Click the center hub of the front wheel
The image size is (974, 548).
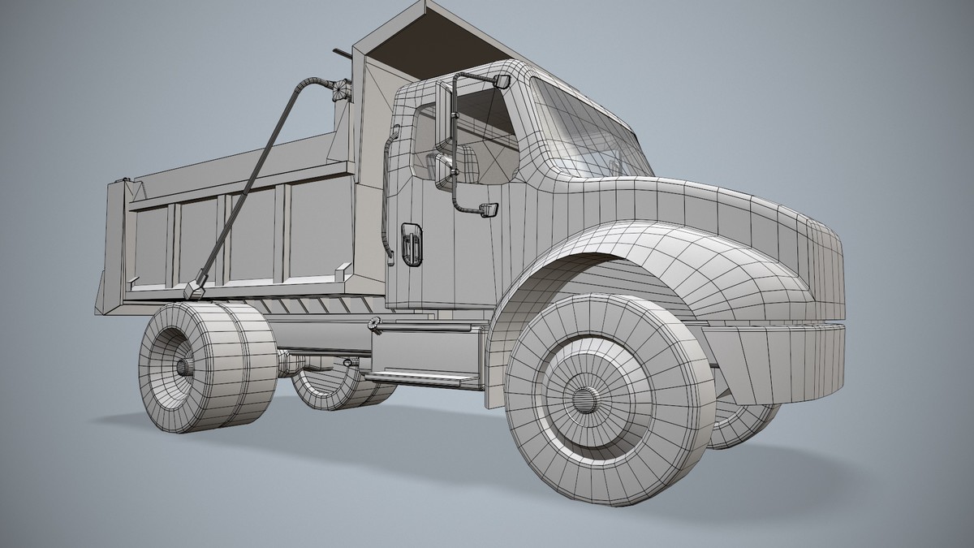point(583,399)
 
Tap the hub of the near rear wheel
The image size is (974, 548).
point(184,367)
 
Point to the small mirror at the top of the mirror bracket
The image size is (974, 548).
point(501,81)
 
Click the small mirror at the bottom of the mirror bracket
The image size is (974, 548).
point(489,210)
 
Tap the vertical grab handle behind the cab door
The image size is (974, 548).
point(387,195)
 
